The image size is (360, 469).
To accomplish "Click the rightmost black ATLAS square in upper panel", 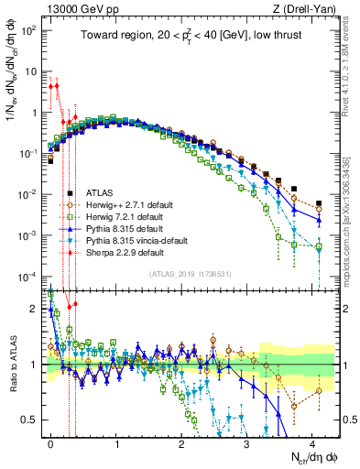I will [319, 203].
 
